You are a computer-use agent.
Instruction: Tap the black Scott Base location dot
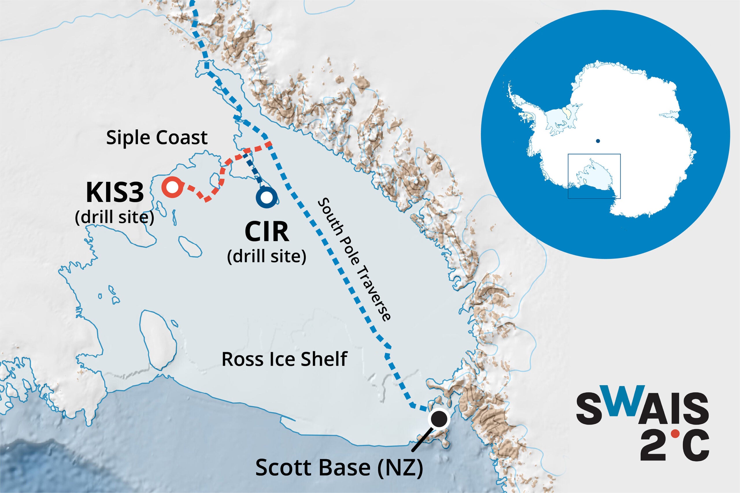click(439, 419)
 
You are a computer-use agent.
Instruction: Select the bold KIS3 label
click(115, 193)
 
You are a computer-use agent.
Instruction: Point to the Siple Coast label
click(157, 137)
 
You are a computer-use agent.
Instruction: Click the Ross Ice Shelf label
click(284, 359)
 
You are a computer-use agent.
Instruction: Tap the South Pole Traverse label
click(354, 259)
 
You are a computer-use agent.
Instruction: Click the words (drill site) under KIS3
click(114, 217)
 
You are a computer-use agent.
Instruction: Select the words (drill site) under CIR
click(267, 256)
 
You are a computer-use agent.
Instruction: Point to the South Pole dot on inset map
click(598, 141)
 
